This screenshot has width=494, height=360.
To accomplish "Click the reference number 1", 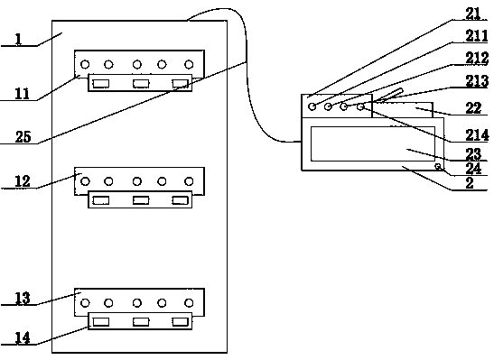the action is (18, 40).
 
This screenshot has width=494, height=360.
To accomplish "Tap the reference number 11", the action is (23, 94).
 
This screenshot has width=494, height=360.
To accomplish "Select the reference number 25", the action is (23, 137).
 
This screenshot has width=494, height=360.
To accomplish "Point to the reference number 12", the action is (23, 181).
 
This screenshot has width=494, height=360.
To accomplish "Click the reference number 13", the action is (23, 298).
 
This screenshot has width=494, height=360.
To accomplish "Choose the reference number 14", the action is (23, 337).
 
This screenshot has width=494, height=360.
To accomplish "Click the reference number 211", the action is (477, 35).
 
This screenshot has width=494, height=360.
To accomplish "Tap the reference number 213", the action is (477, 81).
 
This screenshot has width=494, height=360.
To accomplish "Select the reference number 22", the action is (473, 108).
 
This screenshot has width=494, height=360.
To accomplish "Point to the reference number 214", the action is (477, 135).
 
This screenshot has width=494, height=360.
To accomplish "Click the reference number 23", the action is (473, 154).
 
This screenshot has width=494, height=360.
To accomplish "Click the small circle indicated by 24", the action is (438, 166).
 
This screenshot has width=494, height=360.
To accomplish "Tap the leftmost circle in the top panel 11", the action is (85, 64).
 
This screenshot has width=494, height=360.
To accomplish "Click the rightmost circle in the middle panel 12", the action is (189, 181).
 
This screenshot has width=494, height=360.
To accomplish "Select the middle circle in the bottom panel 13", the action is (137, 303).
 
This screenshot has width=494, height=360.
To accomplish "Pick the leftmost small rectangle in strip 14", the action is (101, 321).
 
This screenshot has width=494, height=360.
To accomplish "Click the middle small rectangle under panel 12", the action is (141, 200).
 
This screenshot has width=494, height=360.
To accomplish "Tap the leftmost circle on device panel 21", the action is (312, 106).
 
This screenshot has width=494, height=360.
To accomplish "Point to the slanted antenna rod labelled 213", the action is (390, 96).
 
